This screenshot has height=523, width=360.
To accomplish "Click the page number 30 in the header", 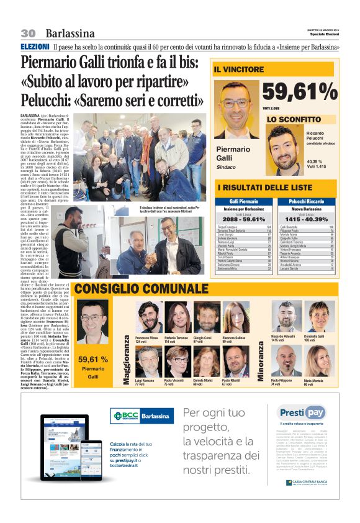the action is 28,33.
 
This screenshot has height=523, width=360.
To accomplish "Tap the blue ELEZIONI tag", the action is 35,47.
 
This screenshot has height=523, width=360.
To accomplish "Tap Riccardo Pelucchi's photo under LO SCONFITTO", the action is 285,149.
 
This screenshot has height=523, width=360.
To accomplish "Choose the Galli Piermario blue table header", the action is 243,202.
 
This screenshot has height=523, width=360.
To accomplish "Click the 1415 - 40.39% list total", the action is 308,219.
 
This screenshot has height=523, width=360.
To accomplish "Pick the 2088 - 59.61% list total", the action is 243,219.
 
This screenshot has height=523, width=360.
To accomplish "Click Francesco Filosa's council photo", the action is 148,319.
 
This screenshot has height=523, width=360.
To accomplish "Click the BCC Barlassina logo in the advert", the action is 142,416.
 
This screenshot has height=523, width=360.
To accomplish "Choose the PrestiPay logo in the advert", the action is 302,412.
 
